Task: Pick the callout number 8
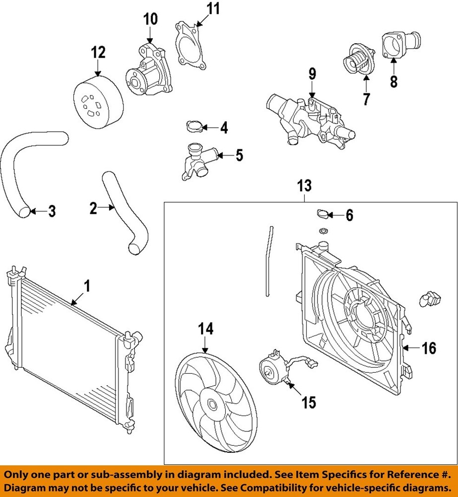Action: click(x=393, y=81)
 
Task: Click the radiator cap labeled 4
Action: click(x=192, y=127)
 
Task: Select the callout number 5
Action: click(x=239, y=156)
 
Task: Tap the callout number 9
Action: click(x=312, y=75)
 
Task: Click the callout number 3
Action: click(x=52, y=212)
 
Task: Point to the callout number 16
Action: click(x=429, y=348)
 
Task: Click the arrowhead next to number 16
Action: click(x=408, y=348)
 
